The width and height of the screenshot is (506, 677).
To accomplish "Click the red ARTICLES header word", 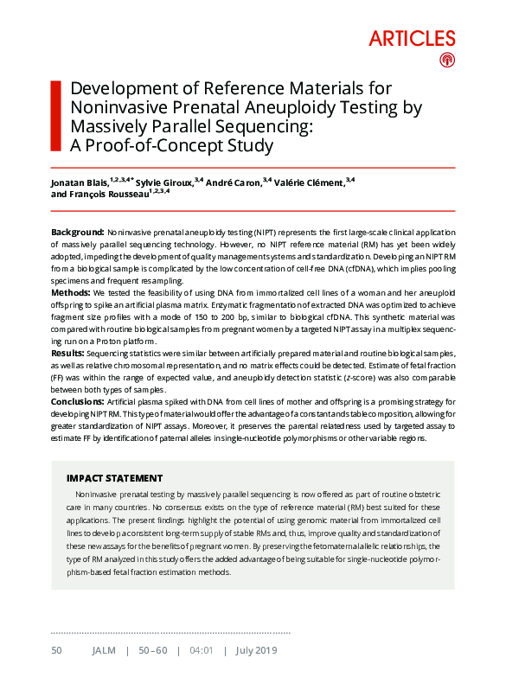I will click(412, 38).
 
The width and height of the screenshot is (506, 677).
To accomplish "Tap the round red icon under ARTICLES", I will click(446, 60).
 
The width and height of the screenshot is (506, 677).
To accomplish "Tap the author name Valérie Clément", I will click(310, 182).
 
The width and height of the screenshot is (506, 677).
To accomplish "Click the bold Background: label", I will click(77, 233).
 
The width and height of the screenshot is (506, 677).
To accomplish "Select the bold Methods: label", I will click(71, 294).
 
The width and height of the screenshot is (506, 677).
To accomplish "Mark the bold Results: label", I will click(67, 354).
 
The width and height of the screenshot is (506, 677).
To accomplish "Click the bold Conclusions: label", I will click(79, 402).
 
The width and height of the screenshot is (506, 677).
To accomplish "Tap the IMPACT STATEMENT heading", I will click(114, 477).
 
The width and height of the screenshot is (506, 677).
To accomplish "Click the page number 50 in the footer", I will click(56, 650).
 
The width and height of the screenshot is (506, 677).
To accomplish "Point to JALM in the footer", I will click(104, 650).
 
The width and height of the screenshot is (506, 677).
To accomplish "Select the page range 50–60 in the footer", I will click(156, 650).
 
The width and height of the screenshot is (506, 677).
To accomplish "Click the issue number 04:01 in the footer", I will click(201, 650).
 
